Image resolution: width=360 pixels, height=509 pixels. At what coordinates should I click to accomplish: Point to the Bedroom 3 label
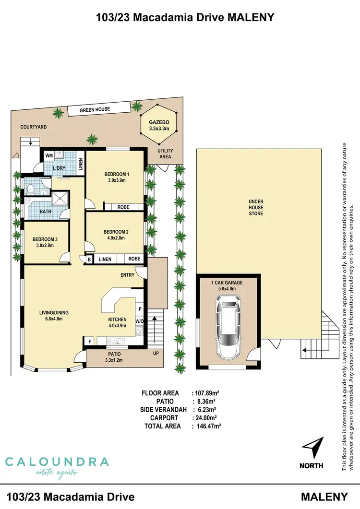(x=45, y=242)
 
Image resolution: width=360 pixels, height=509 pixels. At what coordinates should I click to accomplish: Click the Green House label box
(x=95, y=110)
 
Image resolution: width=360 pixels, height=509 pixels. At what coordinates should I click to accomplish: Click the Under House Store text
(x=256, y=207)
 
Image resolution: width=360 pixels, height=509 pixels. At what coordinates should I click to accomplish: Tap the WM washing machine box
(x=48, y=156)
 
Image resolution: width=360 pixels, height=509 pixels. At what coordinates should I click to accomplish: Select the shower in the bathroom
(x=60, y=199)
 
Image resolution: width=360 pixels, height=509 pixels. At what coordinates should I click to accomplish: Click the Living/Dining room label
(x=54, y=315)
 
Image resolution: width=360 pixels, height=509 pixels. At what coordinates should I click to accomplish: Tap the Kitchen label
(x=117, y=322)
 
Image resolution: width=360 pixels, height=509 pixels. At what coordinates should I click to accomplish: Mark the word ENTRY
(x=128, y=275)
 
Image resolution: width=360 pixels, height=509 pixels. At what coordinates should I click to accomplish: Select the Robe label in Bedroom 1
(x=124, y=207)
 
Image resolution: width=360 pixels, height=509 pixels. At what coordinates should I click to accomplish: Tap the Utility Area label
(x=166, y=154)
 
